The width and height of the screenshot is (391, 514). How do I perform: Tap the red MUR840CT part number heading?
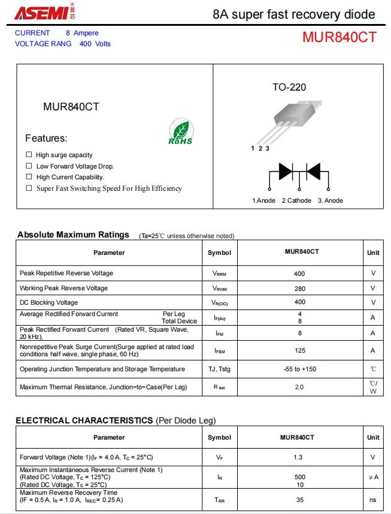[x=339, y=37]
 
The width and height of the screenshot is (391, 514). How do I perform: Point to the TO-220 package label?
[x=289, y=88]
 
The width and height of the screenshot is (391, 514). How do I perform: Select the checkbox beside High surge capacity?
[x=29, y=155]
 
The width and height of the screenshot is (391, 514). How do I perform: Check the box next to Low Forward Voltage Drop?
[x=29, y=166]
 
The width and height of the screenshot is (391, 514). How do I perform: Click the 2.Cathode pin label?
[x=296, y=200]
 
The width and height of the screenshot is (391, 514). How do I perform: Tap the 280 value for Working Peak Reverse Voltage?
[x=299, y=288]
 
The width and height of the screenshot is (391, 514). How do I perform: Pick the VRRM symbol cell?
[x=219, y=273]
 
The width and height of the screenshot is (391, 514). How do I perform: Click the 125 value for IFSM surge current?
[x=299, y=350]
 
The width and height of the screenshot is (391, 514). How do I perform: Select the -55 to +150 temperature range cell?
[x=299, y=369]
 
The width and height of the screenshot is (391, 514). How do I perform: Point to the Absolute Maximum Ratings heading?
[x=73, y=235]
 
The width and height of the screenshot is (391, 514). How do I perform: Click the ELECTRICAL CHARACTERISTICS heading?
[x=84, y=420]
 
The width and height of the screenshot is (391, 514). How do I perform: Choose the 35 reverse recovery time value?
[x=299, y=499]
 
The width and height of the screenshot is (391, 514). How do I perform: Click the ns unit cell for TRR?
[x=372, y=499]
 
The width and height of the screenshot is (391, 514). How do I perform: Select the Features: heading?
[x=46, y=139]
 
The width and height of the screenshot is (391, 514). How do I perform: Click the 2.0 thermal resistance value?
[x=299, y=387]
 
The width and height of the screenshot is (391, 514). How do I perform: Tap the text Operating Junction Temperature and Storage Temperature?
[x=102, y=369]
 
